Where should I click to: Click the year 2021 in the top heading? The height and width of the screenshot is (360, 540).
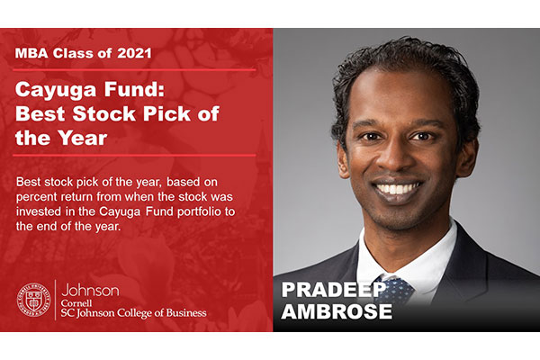(134, 53)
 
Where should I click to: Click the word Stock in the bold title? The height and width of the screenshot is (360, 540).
(104, 113)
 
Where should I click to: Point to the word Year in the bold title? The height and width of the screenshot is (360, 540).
(82, 138)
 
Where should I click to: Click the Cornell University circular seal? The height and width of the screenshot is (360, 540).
(34, 300)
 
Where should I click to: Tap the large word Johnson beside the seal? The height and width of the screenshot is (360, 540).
(90, 290)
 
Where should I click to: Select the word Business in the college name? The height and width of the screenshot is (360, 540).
(186, 313)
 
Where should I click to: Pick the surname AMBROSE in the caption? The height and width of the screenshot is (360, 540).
(337, 311)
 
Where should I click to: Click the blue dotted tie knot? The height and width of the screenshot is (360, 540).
(396, 290)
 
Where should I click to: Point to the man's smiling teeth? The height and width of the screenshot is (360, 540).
(398, 188)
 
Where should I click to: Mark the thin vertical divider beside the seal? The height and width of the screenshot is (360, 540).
(56, 300)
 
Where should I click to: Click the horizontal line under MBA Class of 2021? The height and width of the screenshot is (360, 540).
(134, 70)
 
